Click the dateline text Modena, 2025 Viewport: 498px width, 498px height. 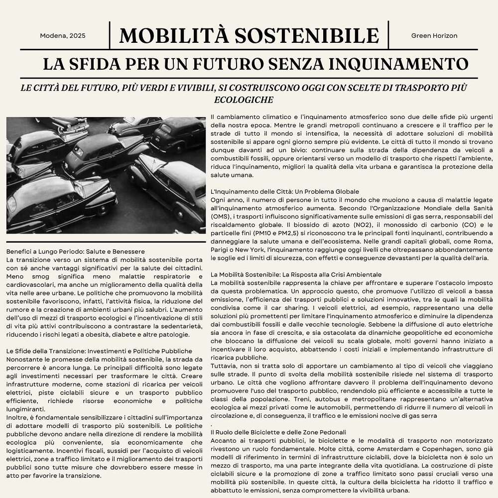[63, 36]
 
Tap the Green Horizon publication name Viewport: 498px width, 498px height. [434, 36]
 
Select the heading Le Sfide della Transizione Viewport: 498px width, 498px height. [99, 351]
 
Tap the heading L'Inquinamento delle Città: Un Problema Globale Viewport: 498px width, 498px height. [285, 192]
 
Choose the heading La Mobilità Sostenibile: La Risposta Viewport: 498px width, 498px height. [296, 275]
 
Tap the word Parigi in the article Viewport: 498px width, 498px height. [221, 249]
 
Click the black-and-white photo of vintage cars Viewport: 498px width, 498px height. [106, 175]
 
